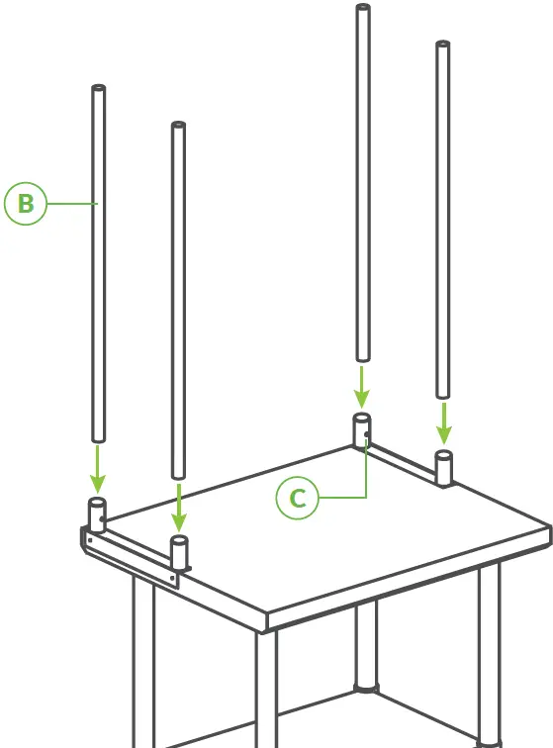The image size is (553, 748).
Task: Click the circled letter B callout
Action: click(x=26, y=204)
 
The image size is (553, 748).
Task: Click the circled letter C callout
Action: click(x=298, y=499)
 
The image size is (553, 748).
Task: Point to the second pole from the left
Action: click(x=178, y=297)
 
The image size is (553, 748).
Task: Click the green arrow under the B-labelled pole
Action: click(x=97, y=469)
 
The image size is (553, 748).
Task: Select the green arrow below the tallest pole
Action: click(x=362, y=387)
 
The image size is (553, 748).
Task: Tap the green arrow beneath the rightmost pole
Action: click(x=444, y=422)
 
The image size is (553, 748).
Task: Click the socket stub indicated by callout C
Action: click(x=362, y=430)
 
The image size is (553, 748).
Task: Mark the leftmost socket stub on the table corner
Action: click(x=98, y=515)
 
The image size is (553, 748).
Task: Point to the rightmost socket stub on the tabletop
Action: click(x=444, y=467)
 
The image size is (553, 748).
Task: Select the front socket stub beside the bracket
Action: click(x=179, y=552)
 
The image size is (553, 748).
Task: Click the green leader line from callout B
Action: click(x=71, y=204)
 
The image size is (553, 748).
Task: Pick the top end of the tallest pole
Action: click(x=363, y=9)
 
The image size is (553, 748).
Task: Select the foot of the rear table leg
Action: click(x=366, y=685)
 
